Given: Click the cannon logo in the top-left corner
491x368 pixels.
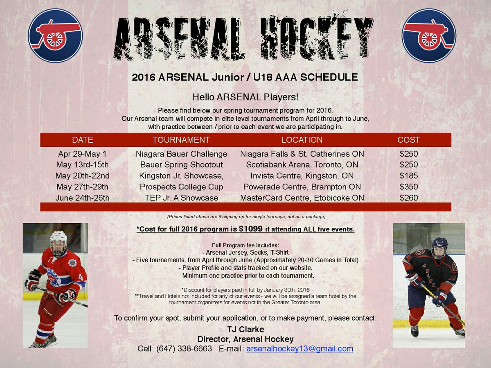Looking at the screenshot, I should [x=55, y=35].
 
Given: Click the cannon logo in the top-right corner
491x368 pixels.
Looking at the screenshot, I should [x=429, y=35].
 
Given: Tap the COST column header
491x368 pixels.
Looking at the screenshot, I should [x=408, y=140].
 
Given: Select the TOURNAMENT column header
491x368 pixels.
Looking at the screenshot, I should [x=181, y=140].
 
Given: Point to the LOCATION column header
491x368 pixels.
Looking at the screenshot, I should [x=302, y=140].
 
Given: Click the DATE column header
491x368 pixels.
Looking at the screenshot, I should [x=82, y=140].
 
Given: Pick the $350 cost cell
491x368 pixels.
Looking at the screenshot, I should [x=408, y=187].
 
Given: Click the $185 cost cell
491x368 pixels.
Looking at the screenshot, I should [x=408, y=176].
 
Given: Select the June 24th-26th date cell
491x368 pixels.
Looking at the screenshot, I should [x=82, y=198].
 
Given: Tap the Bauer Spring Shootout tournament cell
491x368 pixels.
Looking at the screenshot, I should [x=181, y=165].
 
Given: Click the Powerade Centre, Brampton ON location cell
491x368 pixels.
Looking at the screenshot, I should [x=302, y=187].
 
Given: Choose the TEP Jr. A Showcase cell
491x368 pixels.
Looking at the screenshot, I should [x=181, y=198].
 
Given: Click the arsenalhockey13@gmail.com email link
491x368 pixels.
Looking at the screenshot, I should [x=300, y=349].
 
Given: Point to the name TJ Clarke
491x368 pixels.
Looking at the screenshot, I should [x=245, y=330].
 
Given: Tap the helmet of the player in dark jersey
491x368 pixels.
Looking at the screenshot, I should [x=440, y=245].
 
